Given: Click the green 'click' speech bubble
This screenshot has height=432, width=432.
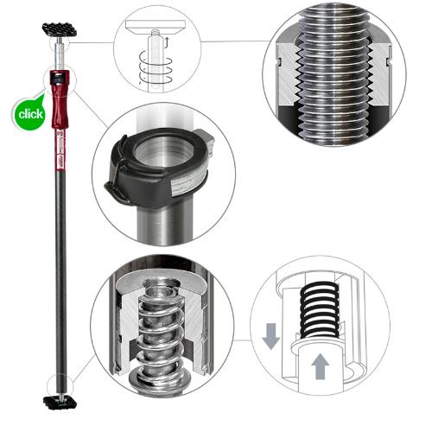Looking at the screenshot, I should click(x=29, y=113).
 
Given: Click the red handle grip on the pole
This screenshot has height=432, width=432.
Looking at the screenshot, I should click(x=60, y=112).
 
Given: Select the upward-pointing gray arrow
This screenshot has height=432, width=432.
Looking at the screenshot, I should click(x=320, y=367).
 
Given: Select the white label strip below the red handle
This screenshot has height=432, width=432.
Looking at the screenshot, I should click(x=60, y=160).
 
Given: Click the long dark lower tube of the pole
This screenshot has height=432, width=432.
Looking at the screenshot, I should click(x=60, y=276).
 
